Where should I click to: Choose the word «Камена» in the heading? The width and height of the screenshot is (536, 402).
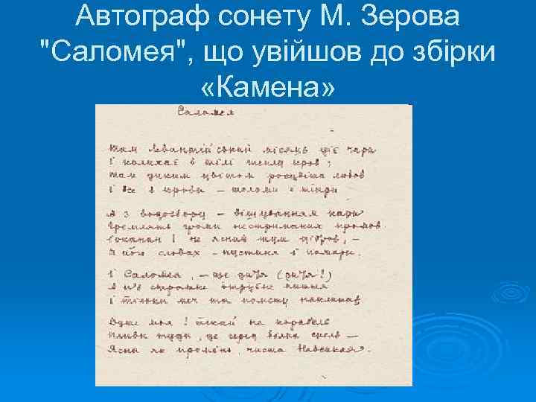point(268,89)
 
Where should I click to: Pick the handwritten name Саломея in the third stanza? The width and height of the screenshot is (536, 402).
point(153,274)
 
